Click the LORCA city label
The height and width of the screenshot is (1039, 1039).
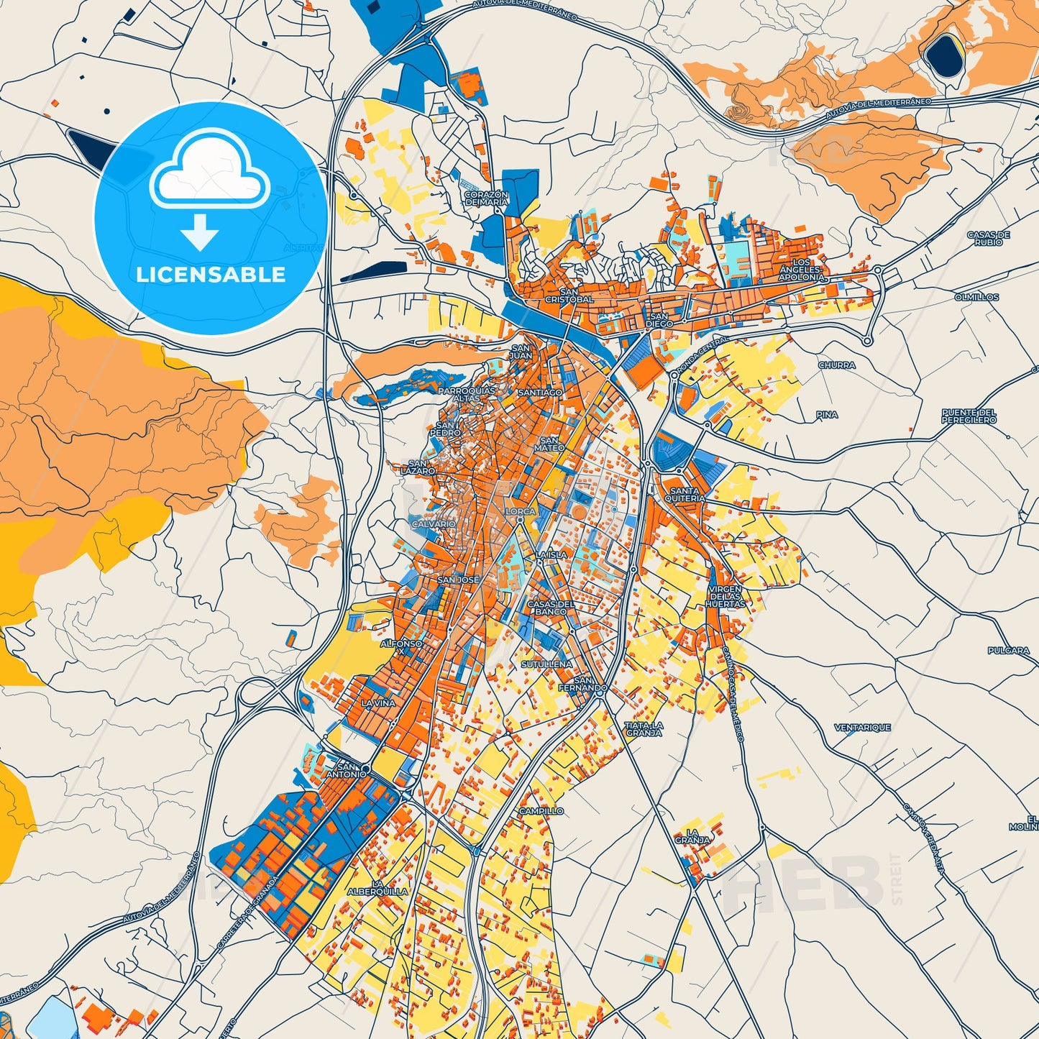point(521,511)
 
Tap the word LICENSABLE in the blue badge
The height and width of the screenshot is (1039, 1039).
point(211,275)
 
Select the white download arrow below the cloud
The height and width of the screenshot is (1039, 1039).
point(200,233)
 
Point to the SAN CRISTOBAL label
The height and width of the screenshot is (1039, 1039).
point(569,296)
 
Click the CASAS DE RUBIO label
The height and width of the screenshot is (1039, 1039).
point(989,238)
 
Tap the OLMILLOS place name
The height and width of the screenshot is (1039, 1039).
point(976,296)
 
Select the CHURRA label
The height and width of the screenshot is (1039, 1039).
point(837,365)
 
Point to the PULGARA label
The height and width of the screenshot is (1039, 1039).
point(1008,650)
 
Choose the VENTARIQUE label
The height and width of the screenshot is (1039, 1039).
point(862,728)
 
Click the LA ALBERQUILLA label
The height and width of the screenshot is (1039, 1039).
point(377,887)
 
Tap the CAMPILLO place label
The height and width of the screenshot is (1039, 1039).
point(541,811)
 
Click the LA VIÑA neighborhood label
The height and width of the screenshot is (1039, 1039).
point(378,702)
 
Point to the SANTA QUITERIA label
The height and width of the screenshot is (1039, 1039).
point(685,495)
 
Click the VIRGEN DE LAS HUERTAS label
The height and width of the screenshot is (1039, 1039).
point(725,597)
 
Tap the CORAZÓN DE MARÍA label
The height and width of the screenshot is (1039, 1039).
point(486,198)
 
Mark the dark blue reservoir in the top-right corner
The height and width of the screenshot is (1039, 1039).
point(944,56)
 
